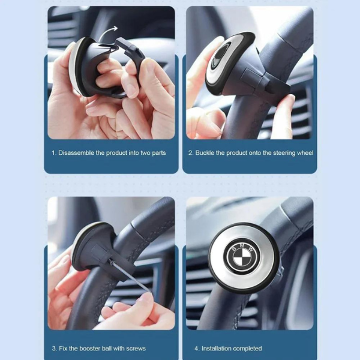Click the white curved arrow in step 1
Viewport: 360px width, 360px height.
107,32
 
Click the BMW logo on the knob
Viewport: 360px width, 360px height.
244,255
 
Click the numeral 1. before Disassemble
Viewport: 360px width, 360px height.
54,153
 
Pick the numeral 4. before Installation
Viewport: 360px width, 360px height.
197,349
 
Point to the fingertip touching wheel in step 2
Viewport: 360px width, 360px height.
290,99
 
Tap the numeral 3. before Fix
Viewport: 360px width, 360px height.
55,349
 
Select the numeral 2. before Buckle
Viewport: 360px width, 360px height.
191,153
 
